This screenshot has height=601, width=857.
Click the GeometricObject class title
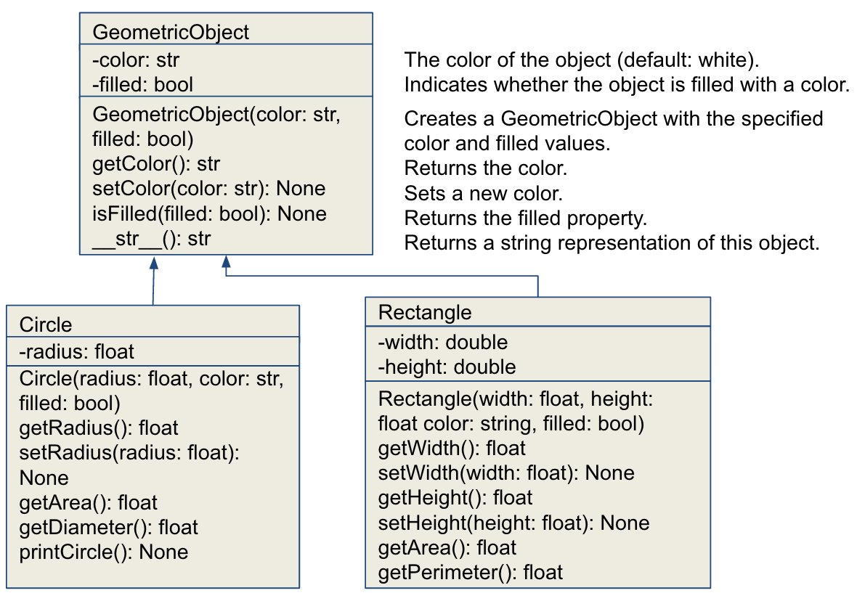coord(171,32)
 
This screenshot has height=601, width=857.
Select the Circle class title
coord(45,324)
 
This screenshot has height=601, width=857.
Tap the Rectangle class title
coord(425,313)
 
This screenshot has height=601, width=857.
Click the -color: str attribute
coord(136,60)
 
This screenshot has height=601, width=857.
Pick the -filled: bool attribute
coord(142,85)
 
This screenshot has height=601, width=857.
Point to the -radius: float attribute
coord(76,352)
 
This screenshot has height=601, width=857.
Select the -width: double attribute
coord(443,343)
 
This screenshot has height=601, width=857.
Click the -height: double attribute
coord(447,367)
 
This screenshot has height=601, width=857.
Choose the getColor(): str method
coord(156,164)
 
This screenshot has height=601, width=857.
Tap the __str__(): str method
coord(151,239)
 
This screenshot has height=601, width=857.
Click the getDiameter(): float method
coord(109,528)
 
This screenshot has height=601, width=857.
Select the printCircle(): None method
coord(104,552)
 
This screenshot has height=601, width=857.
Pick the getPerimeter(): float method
coord(471,573)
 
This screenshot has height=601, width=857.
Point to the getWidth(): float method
coord(452,449)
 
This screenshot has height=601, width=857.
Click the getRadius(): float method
coord(99,428)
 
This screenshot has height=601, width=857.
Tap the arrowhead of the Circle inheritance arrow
coord(154,262)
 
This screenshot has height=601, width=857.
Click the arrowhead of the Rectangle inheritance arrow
coord(227,262)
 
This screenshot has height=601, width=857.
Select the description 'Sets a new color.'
coord(483,193)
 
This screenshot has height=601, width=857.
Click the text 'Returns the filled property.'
coord(526,218)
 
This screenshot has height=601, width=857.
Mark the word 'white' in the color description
coord(726,60)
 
